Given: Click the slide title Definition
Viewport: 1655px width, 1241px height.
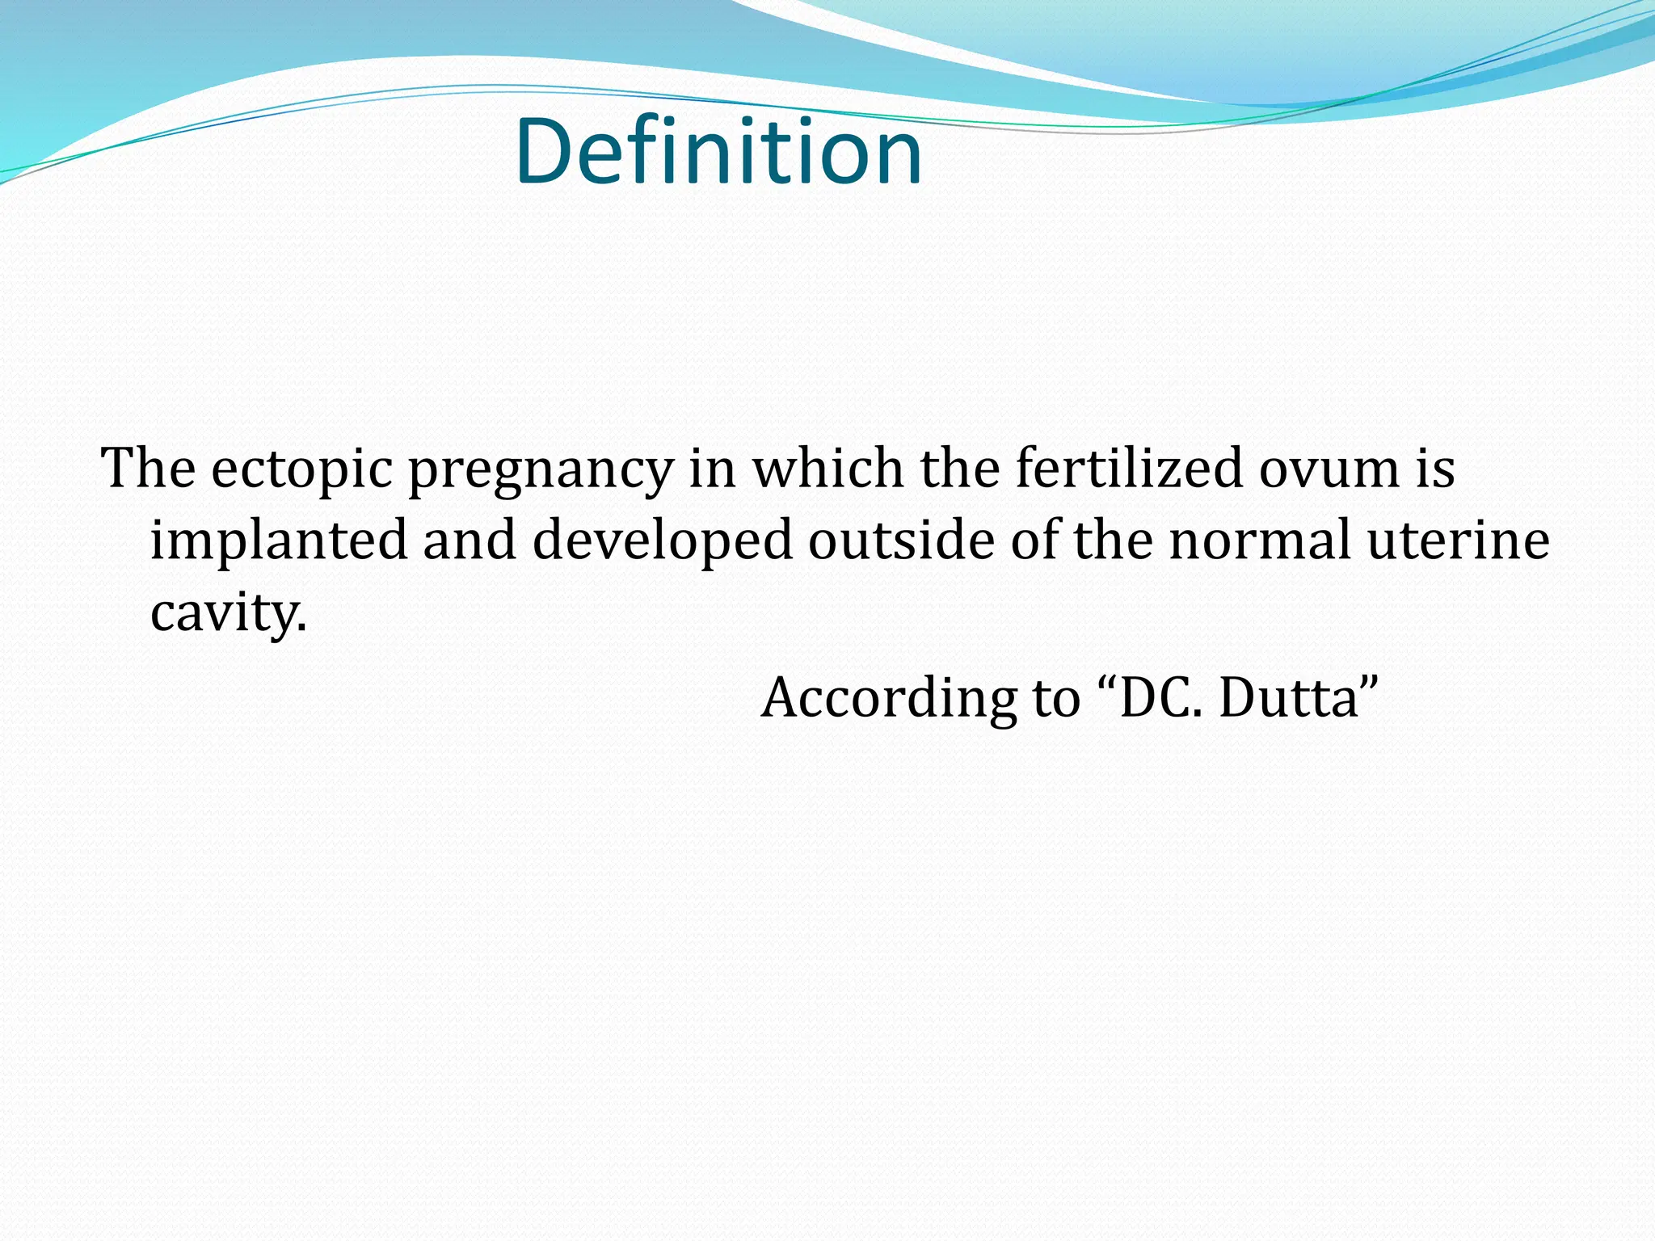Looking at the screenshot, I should (718, 152).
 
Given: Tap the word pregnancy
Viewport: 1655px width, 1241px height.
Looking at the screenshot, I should (541, 471).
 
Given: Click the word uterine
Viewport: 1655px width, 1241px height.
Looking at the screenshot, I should (1458, 540).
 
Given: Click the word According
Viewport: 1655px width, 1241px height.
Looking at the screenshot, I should (888, 699).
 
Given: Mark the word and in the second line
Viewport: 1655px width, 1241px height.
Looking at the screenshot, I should (470, 540).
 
